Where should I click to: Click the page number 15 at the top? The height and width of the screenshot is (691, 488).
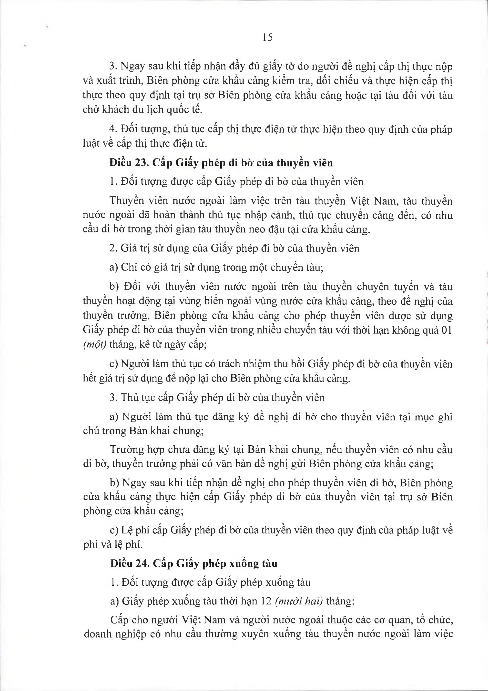click(x=267, y=37)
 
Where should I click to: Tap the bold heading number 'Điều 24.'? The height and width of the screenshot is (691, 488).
click(x=130, y=563)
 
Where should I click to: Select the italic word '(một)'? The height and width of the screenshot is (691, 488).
click(x=94, y=344)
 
